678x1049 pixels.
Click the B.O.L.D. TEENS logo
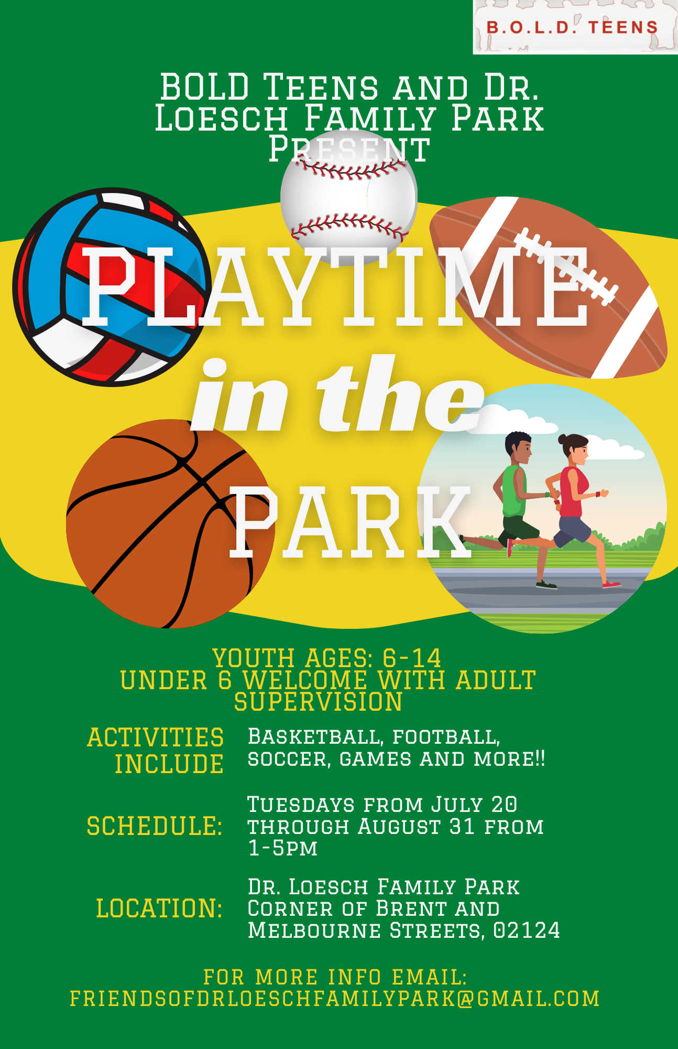(x=575, y=27)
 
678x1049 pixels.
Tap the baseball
(x=349, y=197)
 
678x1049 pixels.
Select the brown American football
(x=548, y=287)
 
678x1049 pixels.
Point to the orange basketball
(x=171, y=523)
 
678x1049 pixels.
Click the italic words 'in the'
(x=337, y=394)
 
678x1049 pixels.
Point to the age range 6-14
(x=412, y=658)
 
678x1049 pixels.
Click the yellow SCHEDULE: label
(x=155, y=826)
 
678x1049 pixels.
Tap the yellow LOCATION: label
(x=159, y=908)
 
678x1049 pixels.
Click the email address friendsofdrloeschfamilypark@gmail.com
(x=335, y=999)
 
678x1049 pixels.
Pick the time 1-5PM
(x=283, y=848)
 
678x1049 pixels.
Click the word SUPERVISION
(x=319, y=702)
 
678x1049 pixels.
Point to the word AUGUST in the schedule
(x=400, y=827)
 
